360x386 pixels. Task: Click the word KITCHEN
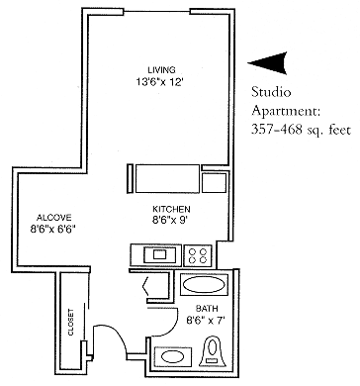point(170,209)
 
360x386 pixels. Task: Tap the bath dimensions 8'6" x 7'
point(206,320)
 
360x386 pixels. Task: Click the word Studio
point(272,95)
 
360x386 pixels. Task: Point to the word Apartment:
point(288,113)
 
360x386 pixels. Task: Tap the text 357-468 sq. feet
point(299,130)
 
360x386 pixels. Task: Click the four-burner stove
point(198,254)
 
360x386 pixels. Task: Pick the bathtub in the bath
point(206,286)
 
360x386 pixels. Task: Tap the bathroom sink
point(173,354)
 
